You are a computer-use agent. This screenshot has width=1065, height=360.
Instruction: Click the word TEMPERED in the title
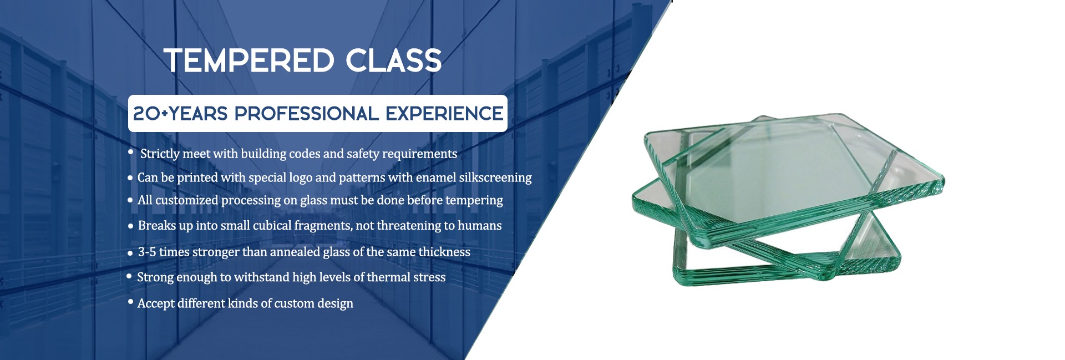(249, 60)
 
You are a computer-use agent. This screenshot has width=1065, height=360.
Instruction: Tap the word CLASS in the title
(394, 60)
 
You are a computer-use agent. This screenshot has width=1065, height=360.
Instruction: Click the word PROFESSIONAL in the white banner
(306, 114)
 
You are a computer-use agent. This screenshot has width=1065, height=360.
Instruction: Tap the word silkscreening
(495, 178)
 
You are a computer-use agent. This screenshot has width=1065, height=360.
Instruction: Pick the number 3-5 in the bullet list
(147, 252)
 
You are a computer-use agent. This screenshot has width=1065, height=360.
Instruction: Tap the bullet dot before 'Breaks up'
(130, 226)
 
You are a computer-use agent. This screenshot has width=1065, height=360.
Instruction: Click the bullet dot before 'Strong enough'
(129, 276)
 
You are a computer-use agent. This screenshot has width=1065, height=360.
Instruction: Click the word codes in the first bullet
(305, 154)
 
